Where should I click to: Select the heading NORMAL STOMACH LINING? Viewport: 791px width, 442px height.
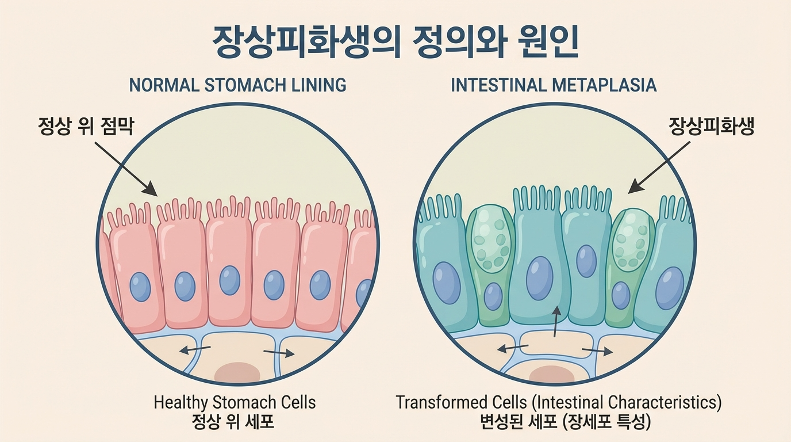[237, 85]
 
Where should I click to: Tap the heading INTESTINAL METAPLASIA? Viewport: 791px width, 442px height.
[553, 85]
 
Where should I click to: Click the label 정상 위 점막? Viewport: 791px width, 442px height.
[86, 125]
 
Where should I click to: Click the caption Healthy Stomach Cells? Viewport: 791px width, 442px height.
[235, 402]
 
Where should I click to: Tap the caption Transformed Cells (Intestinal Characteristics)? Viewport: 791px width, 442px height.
[558, 402]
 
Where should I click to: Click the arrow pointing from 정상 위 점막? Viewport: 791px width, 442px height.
[125, 168]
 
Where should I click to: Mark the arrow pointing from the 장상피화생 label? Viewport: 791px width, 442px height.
[658, 167]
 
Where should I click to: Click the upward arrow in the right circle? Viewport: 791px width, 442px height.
[555, 321]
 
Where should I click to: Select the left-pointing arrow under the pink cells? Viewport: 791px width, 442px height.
[195, 350]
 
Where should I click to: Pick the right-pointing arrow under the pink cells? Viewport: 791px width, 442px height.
[279, 353]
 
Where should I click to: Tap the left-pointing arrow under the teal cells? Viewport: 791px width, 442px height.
[513, 348]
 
